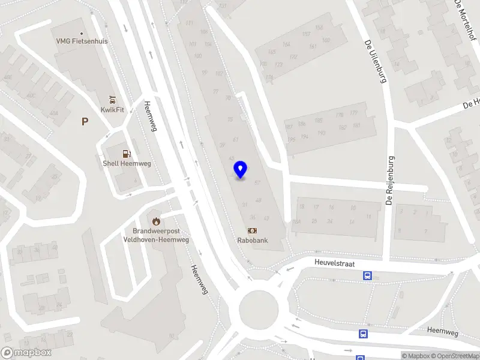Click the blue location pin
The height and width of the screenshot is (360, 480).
pyautogui.click(x=241, y=169)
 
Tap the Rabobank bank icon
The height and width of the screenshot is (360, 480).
pyautogui.click(x=252, y=230)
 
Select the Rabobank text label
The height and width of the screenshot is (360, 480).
pyautogui.click(x=252, y=241)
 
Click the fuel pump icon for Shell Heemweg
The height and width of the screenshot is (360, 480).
pyautogui.click(x=126, y=154)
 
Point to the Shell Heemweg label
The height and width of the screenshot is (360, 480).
pyautogui.click(x=126, y=163)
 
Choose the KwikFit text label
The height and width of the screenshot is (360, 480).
pyautogui.click(x=112, y=109)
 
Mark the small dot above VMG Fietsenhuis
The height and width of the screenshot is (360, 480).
pyautogui.click(x=82, y=34)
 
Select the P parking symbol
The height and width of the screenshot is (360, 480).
pyautogui.click(x=85, y=121)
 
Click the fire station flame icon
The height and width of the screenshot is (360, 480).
pyautogui.click(x=157, y=221)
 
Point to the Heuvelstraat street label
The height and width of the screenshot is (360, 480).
pyautogui.click(x=334, y=262)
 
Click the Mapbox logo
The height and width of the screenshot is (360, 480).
pyautogui.click(x=26, y=353)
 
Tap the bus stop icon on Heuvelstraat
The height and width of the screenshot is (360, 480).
pyautogui.click(x=367, y=276)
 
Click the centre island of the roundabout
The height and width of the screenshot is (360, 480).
pyautogui.click(x=259, y=311)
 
